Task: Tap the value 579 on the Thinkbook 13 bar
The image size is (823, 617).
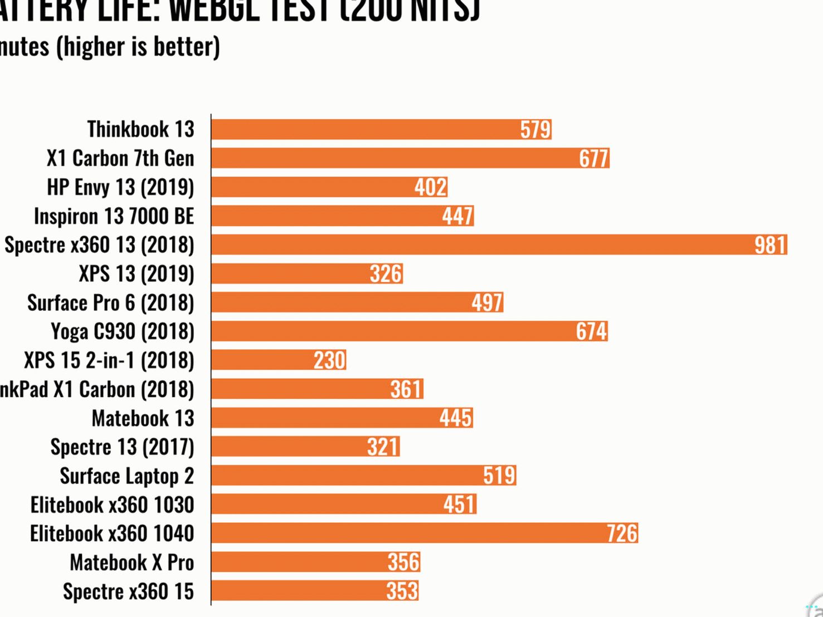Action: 535,130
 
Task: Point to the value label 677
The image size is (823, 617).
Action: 593,159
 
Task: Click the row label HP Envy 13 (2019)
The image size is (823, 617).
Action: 120,187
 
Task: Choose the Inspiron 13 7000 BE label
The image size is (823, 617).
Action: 114,216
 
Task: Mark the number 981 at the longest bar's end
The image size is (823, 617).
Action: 770,245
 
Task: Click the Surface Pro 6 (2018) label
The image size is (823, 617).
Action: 111,303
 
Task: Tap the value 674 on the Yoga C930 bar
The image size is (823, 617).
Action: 591,331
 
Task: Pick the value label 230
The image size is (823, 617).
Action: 329,360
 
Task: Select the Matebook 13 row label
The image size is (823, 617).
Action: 143,418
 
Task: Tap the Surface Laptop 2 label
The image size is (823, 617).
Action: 127,476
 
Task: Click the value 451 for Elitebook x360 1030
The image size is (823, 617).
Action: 459,505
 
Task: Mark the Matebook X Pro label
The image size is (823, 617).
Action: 132,562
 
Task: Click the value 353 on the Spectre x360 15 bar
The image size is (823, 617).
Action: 402,591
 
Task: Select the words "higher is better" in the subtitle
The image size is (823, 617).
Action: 138,47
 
